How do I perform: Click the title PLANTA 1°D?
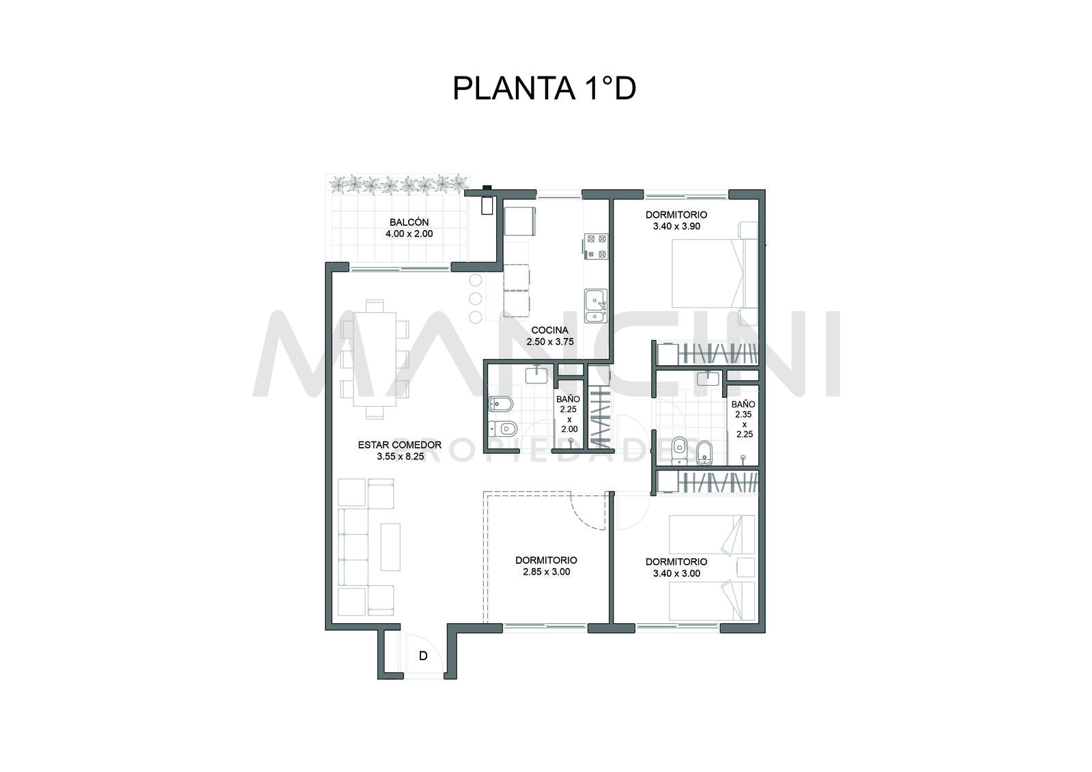tap(544, 88)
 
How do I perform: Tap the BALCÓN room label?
tap(409, 223)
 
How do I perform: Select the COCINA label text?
tap(550, 330)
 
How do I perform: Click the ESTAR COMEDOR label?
tap(400, 445)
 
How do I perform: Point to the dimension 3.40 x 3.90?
tap(676, 227)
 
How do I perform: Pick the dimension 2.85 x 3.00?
tap(547, 572)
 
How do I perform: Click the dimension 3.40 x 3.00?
tap(676, 573)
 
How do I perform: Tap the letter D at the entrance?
tap(423, 656)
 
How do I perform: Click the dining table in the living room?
tap(375, 360)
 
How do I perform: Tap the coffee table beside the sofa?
tap(390, 547)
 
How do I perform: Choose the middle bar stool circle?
tap(475, 298)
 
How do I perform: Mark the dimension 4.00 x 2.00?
tap(409, 233)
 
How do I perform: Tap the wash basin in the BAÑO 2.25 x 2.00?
tap(536, 375)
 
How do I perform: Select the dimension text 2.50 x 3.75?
tap(550, 341)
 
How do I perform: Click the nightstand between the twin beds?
tap(745, 568)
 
